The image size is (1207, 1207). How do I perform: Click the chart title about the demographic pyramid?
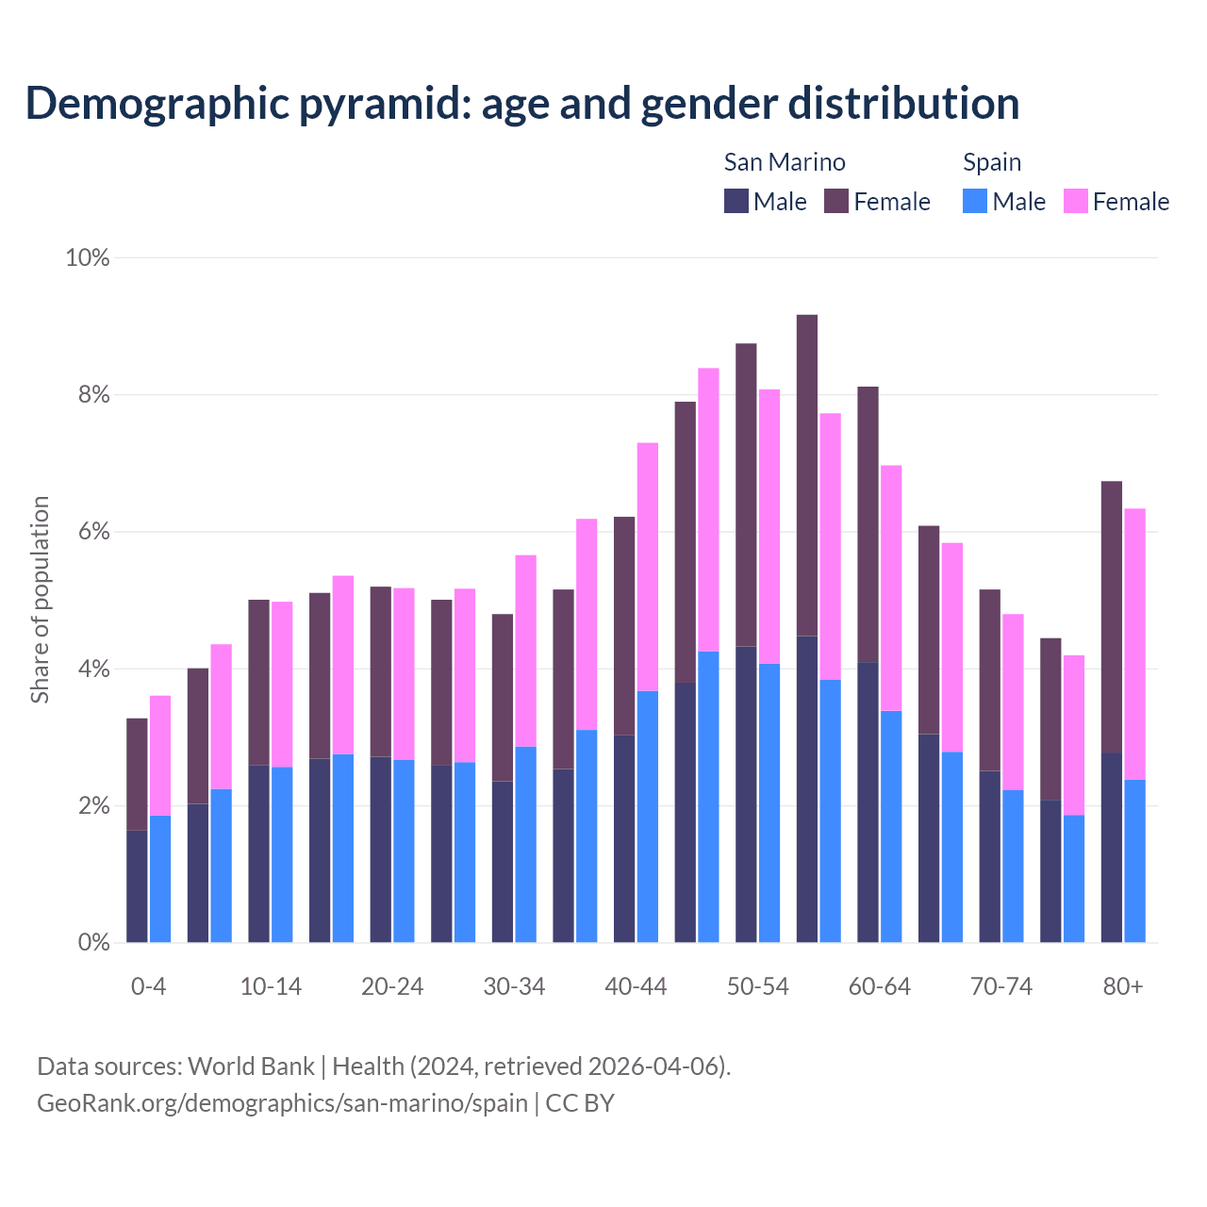[522, 103]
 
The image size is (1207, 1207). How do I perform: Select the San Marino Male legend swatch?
[736, 201]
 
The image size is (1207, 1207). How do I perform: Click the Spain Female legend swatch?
[1076, 201]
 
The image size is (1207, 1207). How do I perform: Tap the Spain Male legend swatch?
[975, 201]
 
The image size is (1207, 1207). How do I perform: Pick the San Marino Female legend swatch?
[836, 201]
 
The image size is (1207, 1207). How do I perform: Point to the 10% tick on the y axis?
[88, 257]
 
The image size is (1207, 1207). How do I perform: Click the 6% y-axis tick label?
[93, 532]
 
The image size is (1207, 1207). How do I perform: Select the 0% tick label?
[93, 942]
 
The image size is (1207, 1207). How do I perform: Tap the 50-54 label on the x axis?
[757, 986]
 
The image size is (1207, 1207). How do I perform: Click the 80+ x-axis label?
[1123, 986]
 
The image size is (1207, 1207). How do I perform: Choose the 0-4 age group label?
[149, 986]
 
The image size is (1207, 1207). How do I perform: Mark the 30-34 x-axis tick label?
[514, 986]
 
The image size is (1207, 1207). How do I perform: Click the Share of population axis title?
[41, 600]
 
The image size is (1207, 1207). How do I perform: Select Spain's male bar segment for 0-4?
[160, 879]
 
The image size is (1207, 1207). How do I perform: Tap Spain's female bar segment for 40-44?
[648, 567]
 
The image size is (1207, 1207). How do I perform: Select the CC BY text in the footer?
[580, 1102]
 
